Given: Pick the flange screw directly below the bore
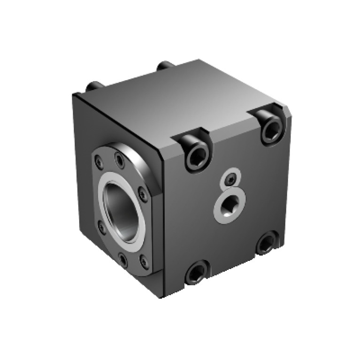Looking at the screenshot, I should [123, 258].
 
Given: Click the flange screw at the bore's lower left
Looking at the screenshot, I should [100, 227].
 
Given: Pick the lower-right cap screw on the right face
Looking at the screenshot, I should [266, 243].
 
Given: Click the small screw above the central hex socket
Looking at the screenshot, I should [230, 178].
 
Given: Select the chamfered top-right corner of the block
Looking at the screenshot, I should [287, 112].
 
